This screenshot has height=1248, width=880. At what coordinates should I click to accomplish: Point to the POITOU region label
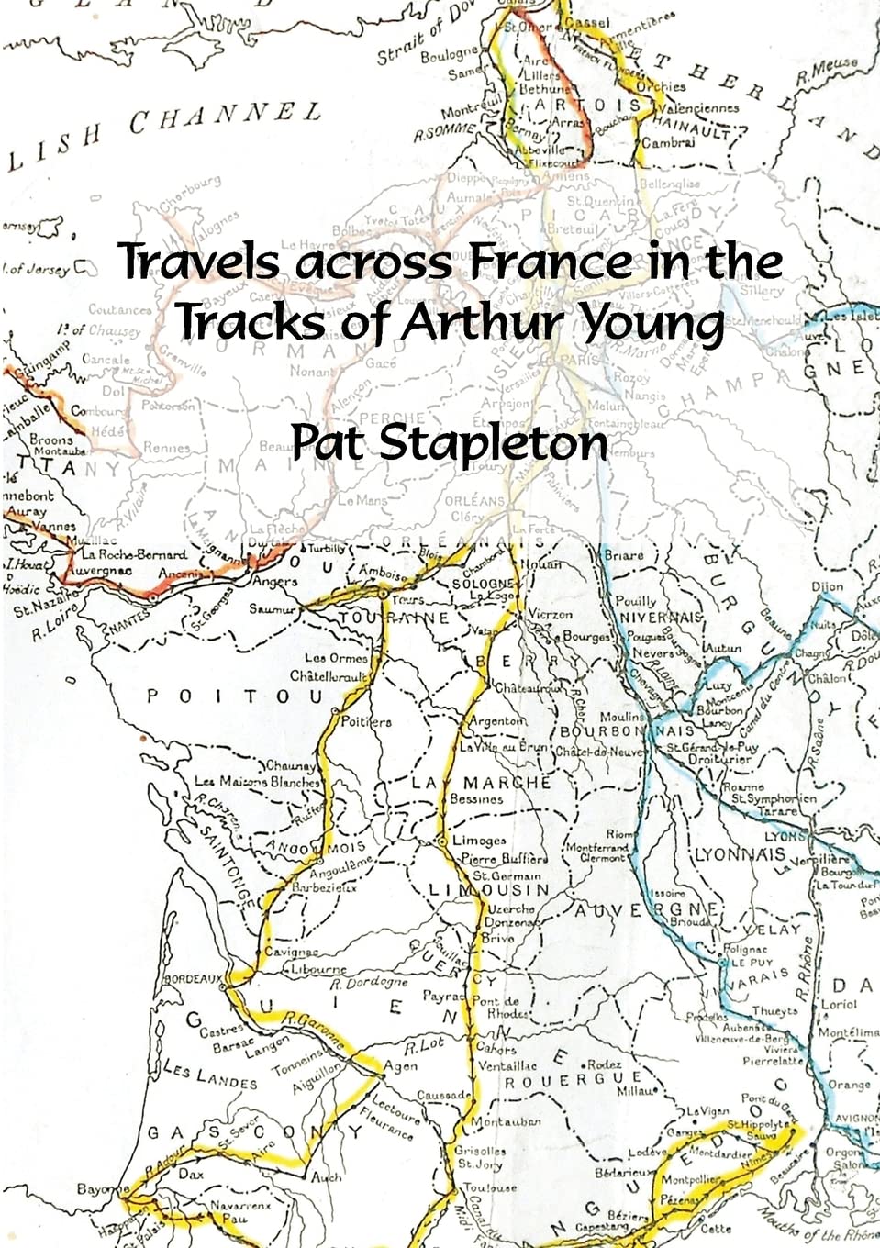pos(235,697)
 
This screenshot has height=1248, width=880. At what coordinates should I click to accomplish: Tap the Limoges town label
pos(479,841)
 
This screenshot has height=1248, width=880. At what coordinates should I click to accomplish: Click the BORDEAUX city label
pos(192,979)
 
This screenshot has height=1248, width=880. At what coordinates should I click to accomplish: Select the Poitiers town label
pos(366,721)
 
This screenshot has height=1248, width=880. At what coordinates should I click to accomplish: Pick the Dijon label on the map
pos(827,586)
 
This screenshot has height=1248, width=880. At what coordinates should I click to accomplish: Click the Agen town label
pos(400,1066)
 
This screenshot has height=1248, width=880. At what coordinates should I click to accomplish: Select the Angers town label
pos(274,581)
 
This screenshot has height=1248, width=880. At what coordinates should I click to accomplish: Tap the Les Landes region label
pos(211,1075)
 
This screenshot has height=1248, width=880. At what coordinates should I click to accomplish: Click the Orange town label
pos(849,1085)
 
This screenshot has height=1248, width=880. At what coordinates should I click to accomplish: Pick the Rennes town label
pos(167,448)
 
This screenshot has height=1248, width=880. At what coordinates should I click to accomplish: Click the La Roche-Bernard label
pos(135,554)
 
